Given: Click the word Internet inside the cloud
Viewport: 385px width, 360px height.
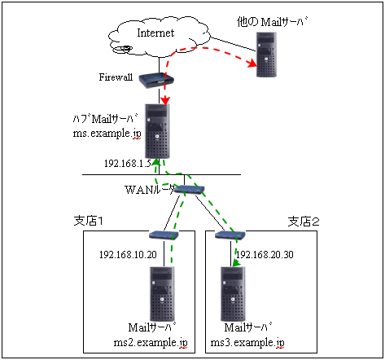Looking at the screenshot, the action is [155, 33].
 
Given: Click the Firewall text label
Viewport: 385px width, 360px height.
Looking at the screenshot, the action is [116, 77].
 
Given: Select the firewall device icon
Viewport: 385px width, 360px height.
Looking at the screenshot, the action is [156, 81].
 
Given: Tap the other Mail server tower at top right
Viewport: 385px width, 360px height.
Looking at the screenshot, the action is [266, 55].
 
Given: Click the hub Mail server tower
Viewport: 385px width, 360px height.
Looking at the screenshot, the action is [157, 131].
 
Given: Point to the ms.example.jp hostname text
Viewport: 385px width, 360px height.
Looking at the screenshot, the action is [107, 134].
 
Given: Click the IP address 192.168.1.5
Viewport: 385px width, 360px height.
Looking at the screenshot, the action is [128, 164].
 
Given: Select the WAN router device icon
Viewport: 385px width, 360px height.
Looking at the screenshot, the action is [189, 189].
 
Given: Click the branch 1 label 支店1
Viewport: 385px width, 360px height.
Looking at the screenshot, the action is [89, 221].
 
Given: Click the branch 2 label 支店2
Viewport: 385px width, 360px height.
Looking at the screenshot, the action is [304, 222].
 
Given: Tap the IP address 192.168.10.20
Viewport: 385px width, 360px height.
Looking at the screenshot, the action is [128, 255].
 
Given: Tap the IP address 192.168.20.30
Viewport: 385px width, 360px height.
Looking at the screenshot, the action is [265, 255].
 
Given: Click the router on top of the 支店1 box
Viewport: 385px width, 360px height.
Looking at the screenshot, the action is [164, 235].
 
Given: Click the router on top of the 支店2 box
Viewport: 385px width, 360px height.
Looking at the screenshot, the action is [230, 235].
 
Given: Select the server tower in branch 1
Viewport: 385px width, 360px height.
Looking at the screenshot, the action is [162, 294].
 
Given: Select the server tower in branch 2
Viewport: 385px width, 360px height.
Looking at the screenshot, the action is [233, 294].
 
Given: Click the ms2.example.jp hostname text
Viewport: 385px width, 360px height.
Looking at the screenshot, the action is [151, 343].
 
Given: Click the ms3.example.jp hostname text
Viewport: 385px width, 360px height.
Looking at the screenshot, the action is [247, 343].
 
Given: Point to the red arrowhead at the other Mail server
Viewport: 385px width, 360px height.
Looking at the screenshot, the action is [252, 64].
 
